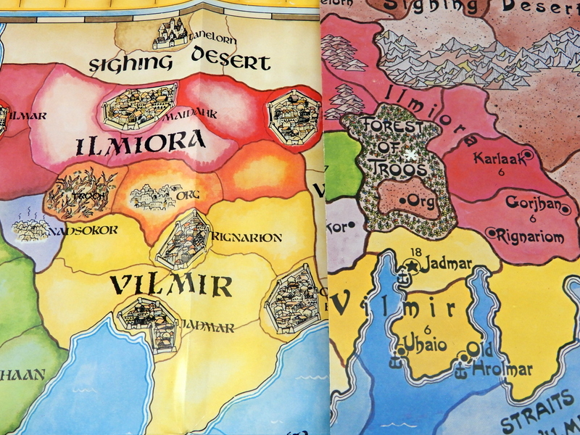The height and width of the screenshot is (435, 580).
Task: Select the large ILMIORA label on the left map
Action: [x=141, y=144]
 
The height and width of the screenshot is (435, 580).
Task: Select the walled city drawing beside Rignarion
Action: [x=182, y=240]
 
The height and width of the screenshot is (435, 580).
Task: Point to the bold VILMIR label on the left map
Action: [x=171, y=285]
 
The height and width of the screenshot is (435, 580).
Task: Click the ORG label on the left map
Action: [x=188, y=194]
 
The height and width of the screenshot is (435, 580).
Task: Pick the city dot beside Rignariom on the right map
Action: [x=492, y=233]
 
